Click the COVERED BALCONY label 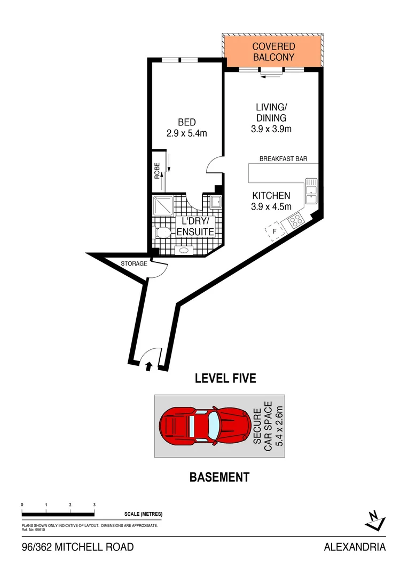click(273, 52)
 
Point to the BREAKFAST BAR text click(283, 159)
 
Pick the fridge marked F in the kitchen click(275, 231)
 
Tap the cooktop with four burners click(295, 220)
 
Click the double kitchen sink click(311, 190)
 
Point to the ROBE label click(158, 171)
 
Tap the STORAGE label click(134, 263)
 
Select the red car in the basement click(205, 426)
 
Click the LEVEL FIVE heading click(225, 379)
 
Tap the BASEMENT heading click(219, 477)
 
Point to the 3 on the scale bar click(94, 505)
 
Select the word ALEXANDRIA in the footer click(355, 547)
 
